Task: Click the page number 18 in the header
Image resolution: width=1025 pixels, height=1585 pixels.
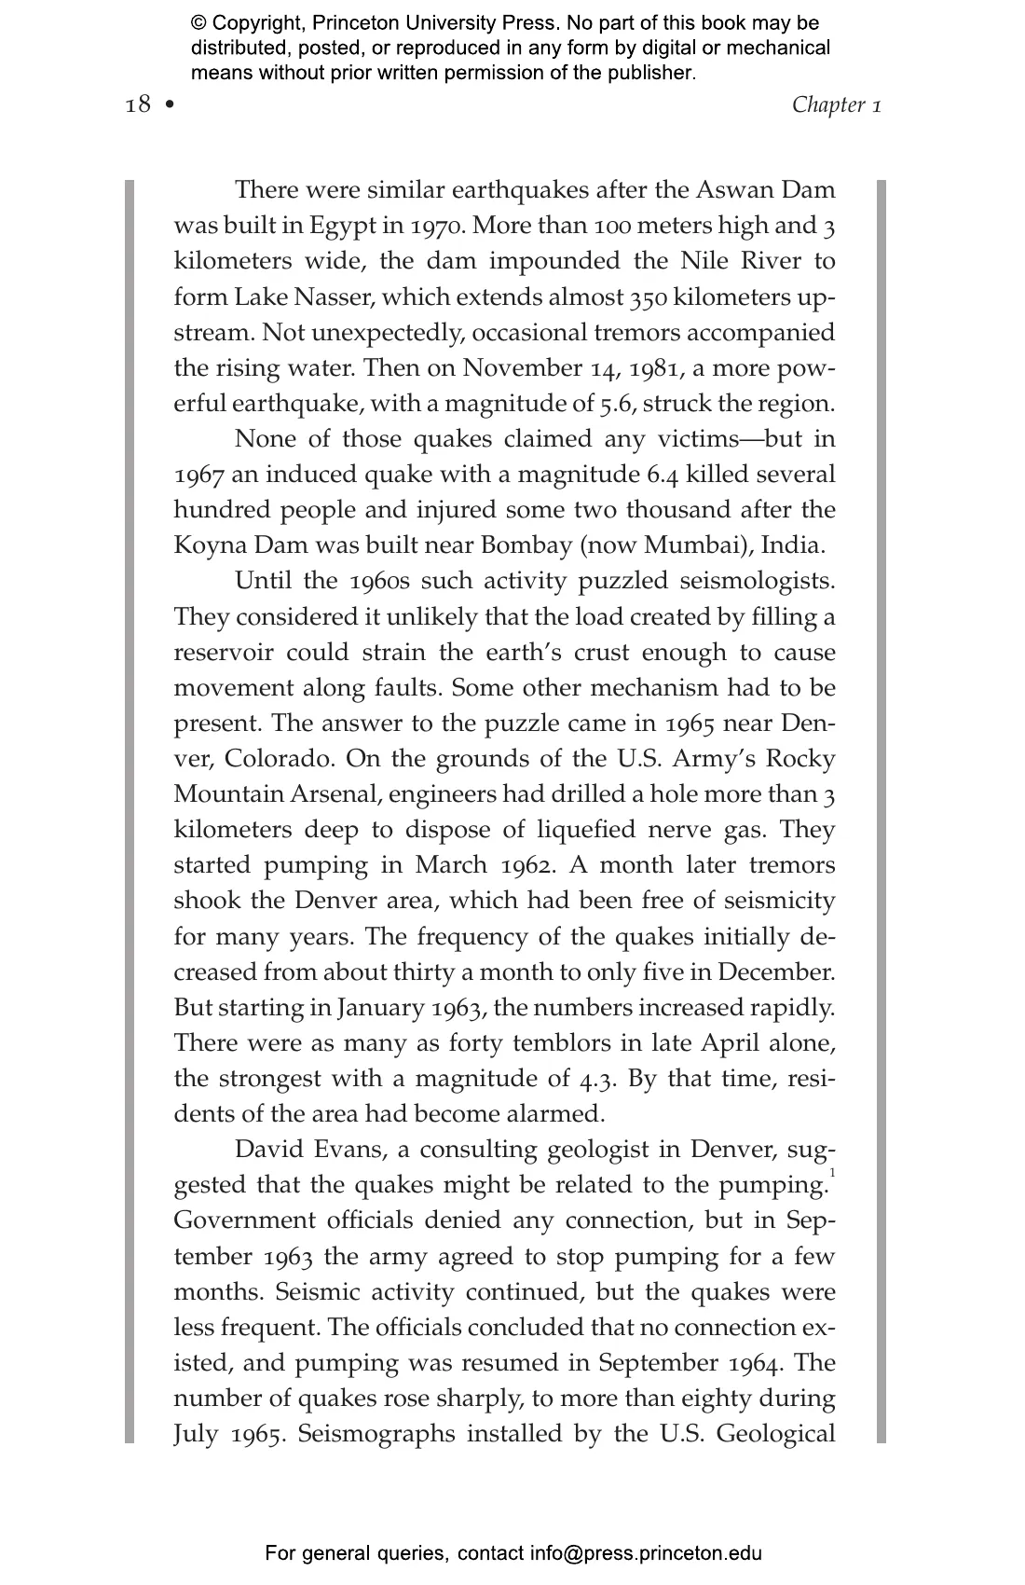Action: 137,103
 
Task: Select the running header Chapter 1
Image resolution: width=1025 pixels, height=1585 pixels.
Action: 836,103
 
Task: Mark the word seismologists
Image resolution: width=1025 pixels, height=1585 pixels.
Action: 756,581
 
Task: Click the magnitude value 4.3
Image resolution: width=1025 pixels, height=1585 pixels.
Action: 598,1079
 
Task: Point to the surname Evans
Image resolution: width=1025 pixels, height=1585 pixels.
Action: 350,1150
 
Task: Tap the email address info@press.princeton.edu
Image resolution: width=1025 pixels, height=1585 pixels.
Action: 646,1553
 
